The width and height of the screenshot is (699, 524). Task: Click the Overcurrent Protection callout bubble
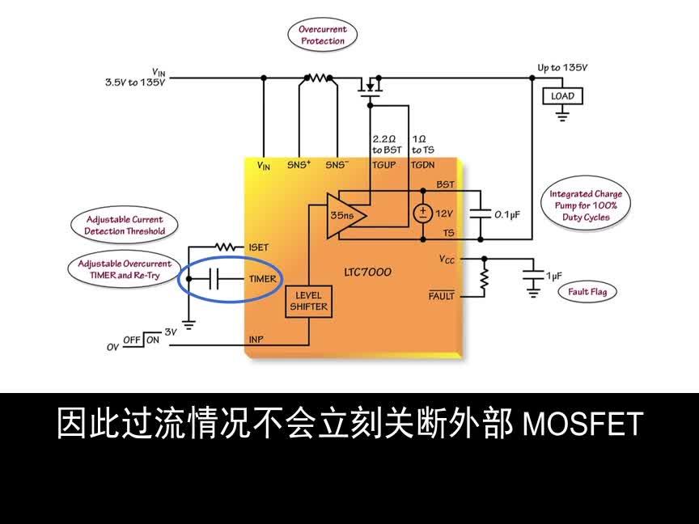(323, 35)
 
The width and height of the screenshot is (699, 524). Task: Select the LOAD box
(562, 96)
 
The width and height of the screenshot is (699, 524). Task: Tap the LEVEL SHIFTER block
(307, 301)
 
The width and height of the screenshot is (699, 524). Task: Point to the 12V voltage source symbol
(422, 213)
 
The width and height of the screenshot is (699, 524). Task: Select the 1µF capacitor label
(553, 276)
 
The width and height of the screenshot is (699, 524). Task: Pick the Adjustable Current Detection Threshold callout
(125, 225)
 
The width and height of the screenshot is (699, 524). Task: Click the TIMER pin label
(263, 279)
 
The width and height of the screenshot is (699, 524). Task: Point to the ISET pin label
(259, 247)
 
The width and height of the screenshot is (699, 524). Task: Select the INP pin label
(256, 340)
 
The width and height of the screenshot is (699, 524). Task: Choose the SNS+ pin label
(299, 164)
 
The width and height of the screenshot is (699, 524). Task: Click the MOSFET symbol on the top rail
(371, 86)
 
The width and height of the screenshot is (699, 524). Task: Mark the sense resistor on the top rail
(318, 78)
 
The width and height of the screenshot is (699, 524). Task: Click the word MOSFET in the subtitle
(583, 423)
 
